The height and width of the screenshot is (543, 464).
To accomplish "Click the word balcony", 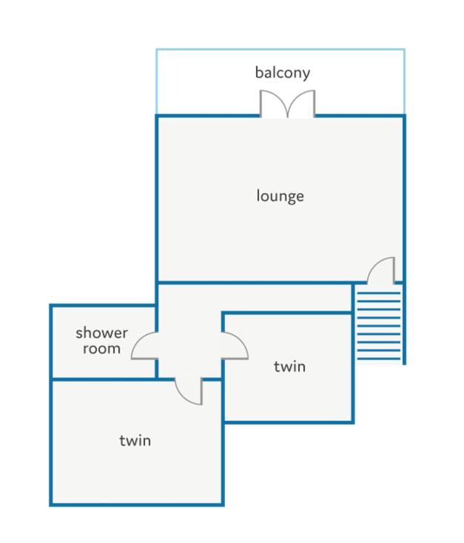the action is coord(283,73).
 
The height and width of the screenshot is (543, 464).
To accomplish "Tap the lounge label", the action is coord(280,196).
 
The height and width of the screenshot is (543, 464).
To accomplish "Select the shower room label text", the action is coord(101,341).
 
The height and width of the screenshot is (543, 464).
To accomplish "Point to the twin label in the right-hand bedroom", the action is coord(289,367).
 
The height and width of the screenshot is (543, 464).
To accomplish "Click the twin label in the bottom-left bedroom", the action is coord(135,441).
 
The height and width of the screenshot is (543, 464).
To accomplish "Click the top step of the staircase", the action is coord(379,293).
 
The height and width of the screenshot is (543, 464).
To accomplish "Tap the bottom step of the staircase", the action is coord(379,359).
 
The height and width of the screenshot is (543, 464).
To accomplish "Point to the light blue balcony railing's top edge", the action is coord(280,50).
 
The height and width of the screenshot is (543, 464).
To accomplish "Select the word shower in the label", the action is coord(101,333).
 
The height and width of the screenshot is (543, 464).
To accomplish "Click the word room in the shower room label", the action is coord(101,349).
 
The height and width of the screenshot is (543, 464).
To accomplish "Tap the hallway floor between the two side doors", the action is coord(189,346).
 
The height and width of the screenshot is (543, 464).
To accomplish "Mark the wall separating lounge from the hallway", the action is coord(255,282).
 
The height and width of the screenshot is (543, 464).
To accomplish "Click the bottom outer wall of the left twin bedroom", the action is coord(137,504).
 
